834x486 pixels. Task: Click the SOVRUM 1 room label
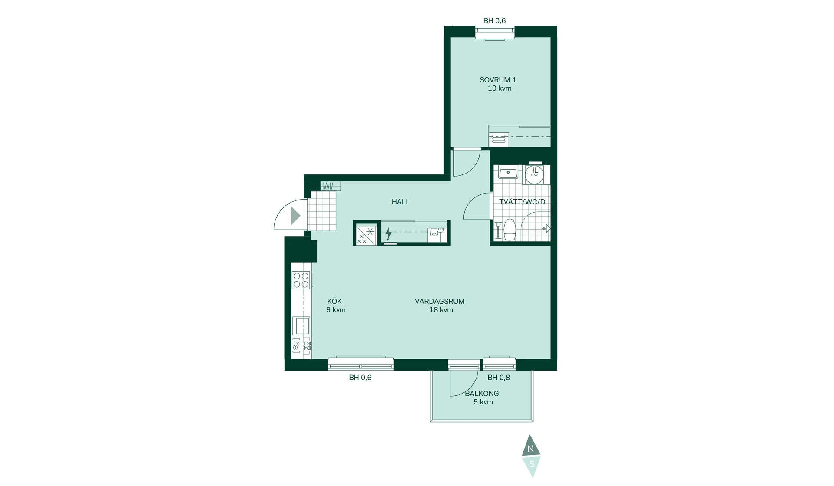click(x=498, y=80)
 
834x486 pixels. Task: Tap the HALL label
click(x=400, y=202)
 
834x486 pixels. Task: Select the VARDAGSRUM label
click(x=440, y=301)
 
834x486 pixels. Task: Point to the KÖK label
click(x=334, y=301)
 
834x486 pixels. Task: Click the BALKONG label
click(x=482, y=394)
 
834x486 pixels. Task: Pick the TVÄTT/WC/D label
click(x=522, y=202)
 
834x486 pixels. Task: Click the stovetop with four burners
click(x=301, y=280)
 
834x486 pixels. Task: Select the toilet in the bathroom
click(x=509, y=229)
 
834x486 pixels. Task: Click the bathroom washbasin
click(x=507, y=173)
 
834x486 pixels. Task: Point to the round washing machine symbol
click(x=534, y=174)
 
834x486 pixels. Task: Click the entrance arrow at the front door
click(x=295, y=216)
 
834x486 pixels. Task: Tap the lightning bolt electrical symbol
click(x=388, y=234)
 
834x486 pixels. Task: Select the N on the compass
click(x=530, y=449)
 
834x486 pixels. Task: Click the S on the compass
click(x=531, y=464)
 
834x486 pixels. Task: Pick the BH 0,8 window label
click(x=499, y=378)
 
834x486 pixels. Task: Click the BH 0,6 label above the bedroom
click(x=495, y=21)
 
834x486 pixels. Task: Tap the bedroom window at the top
click(x=495, y=33)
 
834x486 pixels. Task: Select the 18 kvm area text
click(x=441, y=310)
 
